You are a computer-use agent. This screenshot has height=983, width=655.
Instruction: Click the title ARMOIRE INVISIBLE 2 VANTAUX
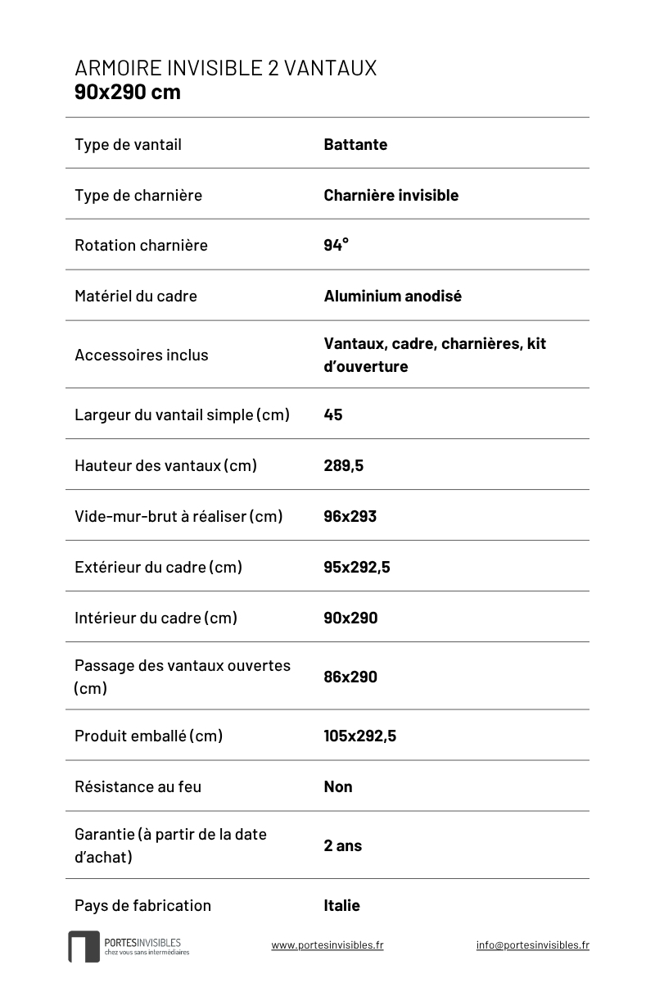225,68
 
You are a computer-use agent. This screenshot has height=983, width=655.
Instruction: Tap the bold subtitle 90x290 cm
128,92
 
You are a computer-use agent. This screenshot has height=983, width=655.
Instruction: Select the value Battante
355,145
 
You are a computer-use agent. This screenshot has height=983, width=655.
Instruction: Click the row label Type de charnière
138,195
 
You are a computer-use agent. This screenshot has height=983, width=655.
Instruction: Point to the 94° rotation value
336,245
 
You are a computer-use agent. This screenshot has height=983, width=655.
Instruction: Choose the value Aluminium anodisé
392,296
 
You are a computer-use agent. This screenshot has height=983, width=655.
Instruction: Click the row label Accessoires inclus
141,355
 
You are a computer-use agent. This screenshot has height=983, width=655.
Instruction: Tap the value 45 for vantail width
333,414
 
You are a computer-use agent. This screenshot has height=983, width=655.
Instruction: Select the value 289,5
343,465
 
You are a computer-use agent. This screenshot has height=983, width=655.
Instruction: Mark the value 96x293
350,516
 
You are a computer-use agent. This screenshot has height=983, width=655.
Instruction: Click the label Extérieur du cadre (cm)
158,567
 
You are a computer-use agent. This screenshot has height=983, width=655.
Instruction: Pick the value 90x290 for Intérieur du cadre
350,618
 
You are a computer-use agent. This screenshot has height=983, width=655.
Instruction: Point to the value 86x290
350,677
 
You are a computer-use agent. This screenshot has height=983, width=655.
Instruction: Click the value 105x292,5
359,736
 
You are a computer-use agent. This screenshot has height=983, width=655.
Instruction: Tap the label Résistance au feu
138,786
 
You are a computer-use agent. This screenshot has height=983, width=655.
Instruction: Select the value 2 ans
342,845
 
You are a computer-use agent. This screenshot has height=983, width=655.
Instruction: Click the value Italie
341,905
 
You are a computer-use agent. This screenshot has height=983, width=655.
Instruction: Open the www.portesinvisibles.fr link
327,944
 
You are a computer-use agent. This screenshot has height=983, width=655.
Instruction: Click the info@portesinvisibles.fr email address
532,944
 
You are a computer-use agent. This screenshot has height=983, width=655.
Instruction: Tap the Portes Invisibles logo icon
84,946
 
